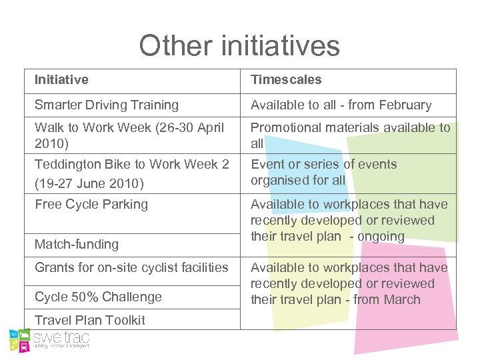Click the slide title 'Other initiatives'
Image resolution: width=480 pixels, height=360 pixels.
[239, 45]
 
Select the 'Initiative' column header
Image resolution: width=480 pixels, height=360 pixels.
[61, 80]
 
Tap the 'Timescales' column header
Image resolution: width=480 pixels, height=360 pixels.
[286, 80]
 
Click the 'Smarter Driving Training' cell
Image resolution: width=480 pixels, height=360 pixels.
[107, 105]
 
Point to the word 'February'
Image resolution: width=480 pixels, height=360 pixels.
[405, 105]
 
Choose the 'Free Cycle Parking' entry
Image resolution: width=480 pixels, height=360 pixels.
[91, 204]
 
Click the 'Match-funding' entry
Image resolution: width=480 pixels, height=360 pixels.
[77, 244]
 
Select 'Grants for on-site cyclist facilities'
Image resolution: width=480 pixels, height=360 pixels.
[131, 267]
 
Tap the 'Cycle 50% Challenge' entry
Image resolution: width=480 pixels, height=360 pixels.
[98, 297]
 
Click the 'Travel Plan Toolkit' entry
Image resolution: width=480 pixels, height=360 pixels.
[89, 320]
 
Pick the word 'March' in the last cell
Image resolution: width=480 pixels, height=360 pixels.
[402, 299]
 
